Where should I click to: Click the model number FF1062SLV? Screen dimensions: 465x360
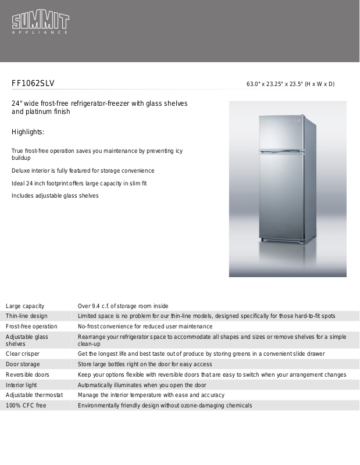pyautogui.click(x=33, y=84)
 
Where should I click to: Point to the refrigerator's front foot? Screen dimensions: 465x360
pyautogui.click(x=265, y=240)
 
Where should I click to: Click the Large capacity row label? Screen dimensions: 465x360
pyautogui.click(x=25, y=306)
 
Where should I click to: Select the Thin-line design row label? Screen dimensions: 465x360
pyautogui.click(x=27, y=316)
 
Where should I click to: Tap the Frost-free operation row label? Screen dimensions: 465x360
pyautogui.click(x=31, y=327)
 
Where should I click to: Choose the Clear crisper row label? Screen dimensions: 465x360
pyautogui.click(x=23, y=353)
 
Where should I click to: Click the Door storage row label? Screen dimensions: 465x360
pyautogui.click(x=23, y=364)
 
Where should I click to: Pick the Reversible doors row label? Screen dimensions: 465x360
pyautogui.click(x=27, y=374)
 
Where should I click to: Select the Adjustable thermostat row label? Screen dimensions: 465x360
pyautogui.click(x=34, y=395)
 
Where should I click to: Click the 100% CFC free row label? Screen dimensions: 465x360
pyautogui.click(x=26, y=406)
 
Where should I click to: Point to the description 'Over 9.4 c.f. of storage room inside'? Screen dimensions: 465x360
pyautogui.click(x=123, y=306)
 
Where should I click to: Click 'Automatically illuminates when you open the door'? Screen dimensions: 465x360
pyautogui.click(x=141, y=385)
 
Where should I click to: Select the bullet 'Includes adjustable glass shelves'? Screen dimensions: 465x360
pyautogui.click(x=55, y=196)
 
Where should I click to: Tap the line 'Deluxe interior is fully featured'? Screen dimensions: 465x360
pyautogui.click(x=83, y=171)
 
